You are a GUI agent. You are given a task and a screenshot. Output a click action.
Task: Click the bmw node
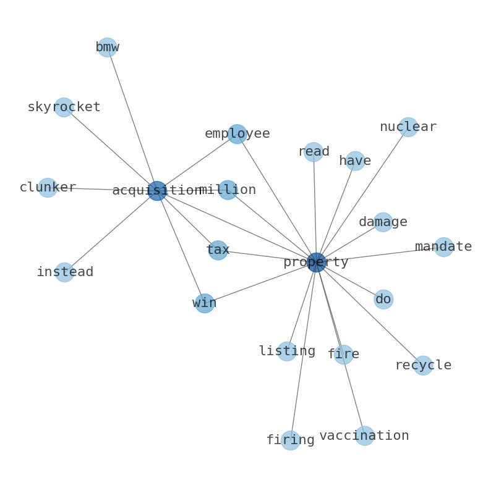click(108, 47)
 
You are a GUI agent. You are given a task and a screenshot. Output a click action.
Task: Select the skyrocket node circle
click(64, 107)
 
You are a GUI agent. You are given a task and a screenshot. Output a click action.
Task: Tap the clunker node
click(48, 188)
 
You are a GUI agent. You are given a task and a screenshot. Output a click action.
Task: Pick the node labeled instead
click(64, 272)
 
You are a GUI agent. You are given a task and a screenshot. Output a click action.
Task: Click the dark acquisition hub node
click(157, 190)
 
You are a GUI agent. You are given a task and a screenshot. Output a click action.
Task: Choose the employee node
click(237, 134)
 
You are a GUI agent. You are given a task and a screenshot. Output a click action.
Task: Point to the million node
click(228, 190)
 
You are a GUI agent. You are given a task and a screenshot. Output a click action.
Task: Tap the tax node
click(218, 250)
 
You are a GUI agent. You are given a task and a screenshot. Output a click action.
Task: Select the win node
click(205, 303)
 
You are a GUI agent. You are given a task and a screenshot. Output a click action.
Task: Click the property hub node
click(316, 263)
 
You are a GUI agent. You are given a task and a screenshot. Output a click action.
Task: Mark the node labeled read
click(314, 152)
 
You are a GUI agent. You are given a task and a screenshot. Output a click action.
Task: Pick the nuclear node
click(408, 127)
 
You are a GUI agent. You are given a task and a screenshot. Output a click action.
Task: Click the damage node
click(383, 222)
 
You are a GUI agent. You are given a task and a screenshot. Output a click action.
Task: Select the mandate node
click(444, 247)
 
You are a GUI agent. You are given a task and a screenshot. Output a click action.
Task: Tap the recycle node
click(424, 365)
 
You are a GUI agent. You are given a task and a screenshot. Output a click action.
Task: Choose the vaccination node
click(364, 435)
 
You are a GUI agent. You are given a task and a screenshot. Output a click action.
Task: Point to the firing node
click(291, 440)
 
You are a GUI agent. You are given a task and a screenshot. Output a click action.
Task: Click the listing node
click(287, 351)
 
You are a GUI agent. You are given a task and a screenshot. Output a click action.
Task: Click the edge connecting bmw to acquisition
click(132, 119)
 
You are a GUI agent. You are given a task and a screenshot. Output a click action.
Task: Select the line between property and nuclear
click(362, 195)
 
